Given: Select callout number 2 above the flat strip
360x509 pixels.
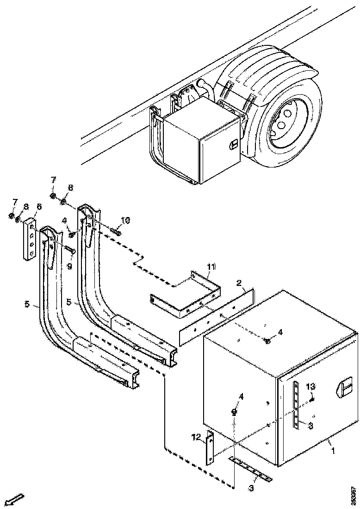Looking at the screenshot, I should (239, 283).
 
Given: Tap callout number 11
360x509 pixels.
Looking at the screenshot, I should (211, 267).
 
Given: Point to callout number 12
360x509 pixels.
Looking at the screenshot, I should (197, 436).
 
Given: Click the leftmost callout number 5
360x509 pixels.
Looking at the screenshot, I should (27, 304).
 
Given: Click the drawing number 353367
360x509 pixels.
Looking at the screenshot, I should (354, 496).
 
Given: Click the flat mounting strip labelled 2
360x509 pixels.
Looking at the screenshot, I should (217, 317).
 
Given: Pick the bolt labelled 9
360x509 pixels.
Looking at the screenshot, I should (72, 250).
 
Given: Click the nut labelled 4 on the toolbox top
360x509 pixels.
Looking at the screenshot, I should (268, 341).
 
